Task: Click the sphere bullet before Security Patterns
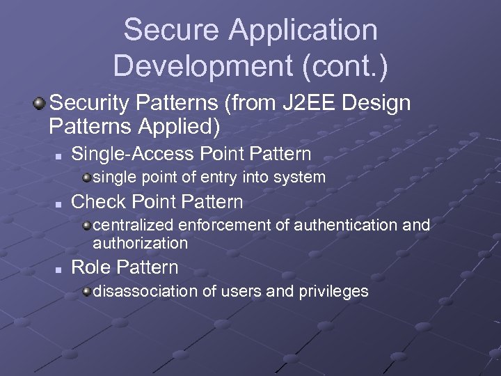[x=39, y=104]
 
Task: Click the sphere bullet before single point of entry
[x=86, y=177]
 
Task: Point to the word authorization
[x=140, y=243]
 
